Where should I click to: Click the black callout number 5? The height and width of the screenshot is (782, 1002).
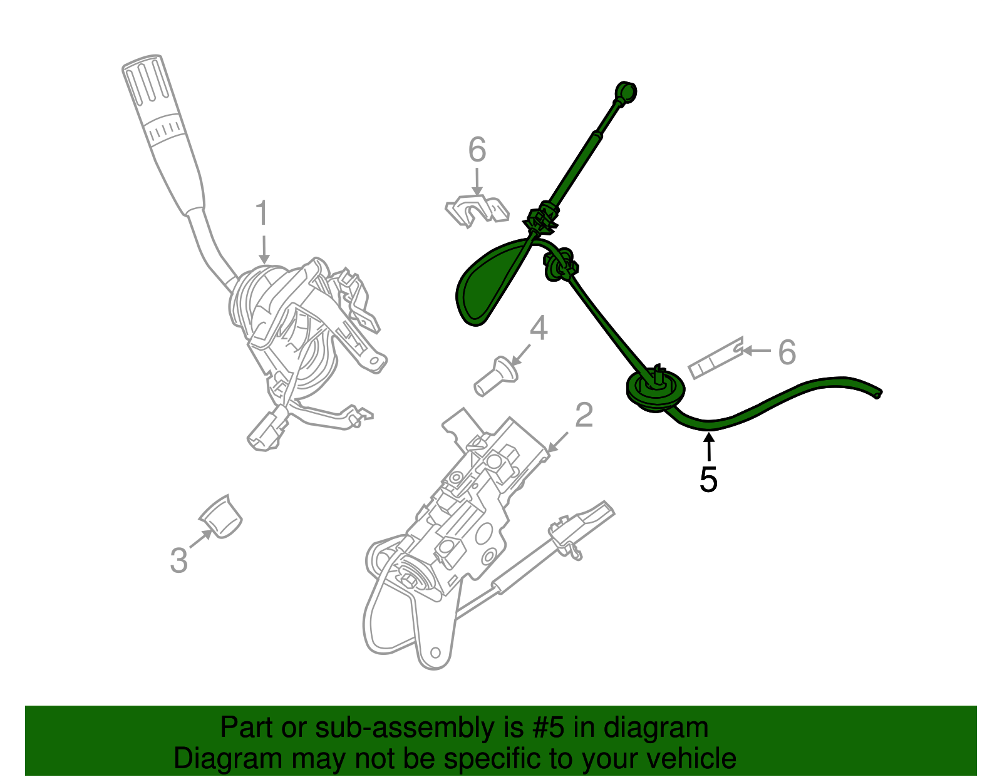click(x=708, y=480)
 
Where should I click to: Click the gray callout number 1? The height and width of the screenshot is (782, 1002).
click(x=262, y=214)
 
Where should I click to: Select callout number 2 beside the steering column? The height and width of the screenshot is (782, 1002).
click(x=584, y=415)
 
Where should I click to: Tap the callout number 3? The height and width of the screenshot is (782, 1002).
click(x=179, y=560)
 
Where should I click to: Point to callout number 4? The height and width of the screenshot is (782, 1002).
click(x=539, y=329)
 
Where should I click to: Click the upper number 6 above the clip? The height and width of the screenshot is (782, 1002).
click(x=477, y=151)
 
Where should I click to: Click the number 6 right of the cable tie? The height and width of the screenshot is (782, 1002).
click(x=787, y=352)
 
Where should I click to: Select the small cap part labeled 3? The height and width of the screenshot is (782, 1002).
click(x=222, y=517)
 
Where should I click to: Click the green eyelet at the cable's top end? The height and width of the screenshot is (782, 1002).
click(x=626, y=92)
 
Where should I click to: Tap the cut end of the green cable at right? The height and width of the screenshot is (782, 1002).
click(x=878, y=393)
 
